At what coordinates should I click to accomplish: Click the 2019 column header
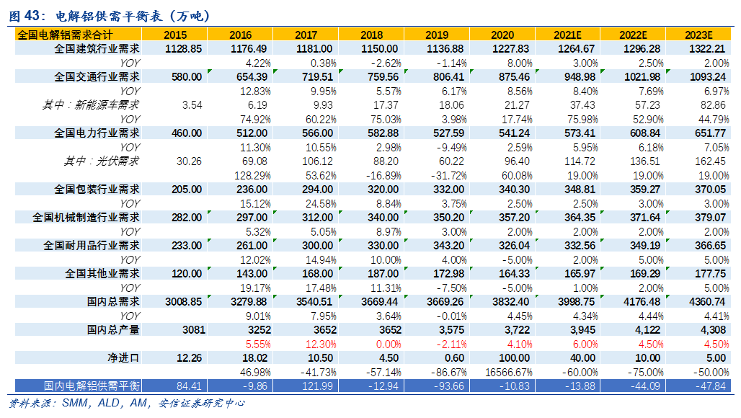(437, 35)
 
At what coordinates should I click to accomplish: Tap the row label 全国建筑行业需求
(97, 48)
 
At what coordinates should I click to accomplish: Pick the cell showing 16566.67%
(502, 372)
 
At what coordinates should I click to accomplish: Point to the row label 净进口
(123, 357)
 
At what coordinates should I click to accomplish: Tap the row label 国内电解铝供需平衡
(92, 386)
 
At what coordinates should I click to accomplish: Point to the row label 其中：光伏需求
(101, 161)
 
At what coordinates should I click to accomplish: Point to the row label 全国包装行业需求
(97, 189)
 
